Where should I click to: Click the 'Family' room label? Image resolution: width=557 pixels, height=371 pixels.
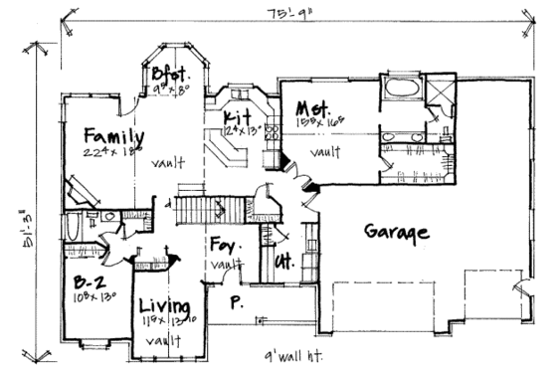click(114, 136)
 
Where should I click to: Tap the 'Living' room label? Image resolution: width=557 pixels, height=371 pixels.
click(160, 304)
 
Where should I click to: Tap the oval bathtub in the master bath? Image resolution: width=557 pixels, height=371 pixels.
click(402, 94)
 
